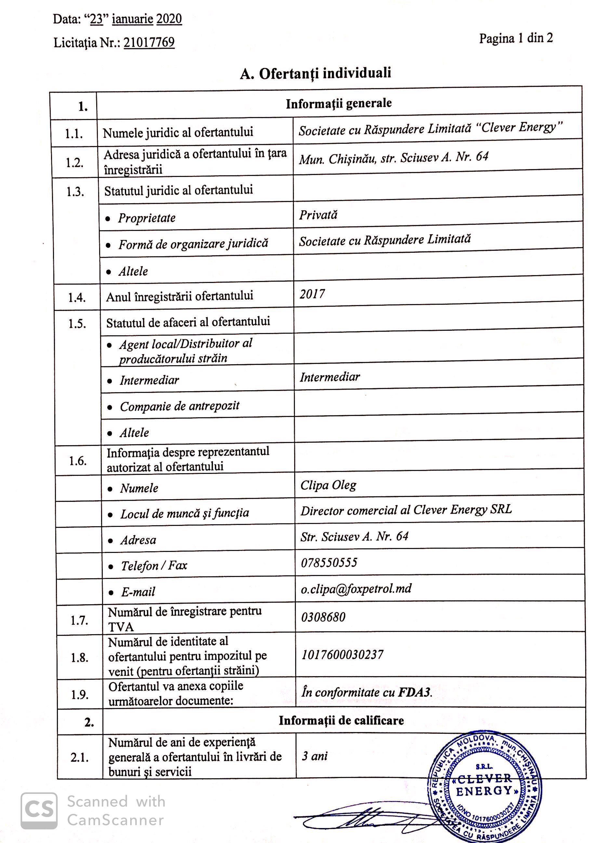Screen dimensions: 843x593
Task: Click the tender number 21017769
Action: point(149,43)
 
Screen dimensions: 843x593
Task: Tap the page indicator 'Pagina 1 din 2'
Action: point(516,38)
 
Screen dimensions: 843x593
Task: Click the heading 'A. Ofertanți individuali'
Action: point(316,74)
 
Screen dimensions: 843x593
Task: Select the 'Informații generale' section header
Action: point(339,103)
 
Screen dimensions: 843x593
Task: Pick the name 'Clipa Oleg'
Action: point(328,485)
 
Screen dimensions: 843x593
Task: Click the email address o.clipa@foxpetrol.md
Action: point(356,589)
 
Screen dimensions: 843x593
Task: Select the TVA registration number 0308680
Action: point(323,617)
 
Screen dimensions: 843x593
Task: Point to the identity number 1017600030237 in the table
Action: point(342,655)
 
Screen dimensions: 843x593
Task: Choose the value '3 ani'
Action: point(314,756)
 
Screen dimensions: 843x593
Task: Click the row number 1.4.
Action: point(77,297)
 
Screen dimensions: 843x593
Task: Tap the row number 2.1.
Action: point(80,757)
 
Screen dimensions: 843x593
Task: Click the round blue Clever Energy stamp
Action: point(484,788)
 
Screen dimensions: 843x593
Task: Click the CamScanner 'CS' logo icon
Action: point(39,811)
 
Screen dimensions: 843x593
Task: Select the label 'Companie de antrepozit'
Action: point(179,406)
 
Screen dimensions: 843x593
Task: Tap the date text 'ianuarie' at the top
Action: point(132,19)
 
